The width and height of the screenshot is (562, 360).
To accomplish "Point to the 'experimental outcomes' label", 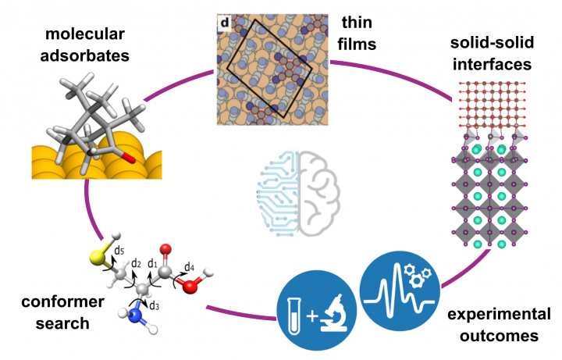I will pos(488,326).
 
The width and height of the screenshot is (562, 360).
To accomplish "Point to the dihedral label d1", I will pos(154,263).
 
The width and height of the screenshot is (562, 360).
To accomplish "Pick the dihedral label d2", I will pos(135,263).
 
